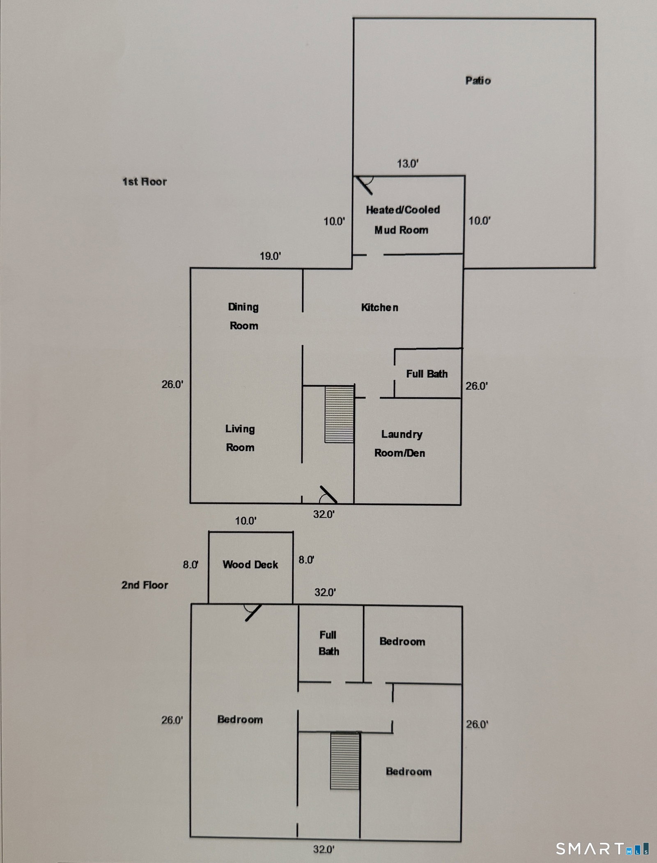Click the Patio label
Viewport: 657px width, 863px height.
click(478, 80)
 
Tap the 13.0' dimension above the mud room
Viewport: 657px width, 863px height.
click(408, 164)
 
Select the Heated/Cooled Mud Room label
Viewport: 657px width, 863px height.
click(402, 220)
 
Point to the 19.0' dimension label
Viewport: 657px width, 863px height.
click(270, 256)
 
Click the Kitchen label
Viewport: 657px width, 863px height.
click(380, 307)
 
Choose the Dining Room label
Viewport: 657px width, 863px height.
click(244, 316)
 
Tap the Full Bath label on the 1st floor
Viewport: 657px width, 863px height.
click(427, 374)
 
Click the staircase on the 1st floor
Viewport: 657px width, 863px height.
click(340, 414)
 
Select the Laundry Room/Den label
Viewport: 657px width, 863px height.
click(400, 443)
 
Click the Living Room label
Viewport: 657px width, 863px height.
click(240, 438)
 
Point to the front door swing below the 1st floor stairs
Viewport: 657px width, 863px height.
click(328, 495)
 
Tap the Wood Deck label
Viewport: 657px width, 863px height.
click(250, 564)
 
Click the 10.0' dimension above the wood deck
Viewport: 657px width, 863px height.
click(246, 521)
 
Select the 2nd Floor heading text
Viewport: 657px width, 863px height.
click(145, 585)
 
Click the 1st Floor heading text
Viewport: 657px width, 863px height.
click(145, 182)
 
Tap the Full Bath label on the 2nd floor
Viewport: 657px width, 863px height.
click(328, 643)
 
